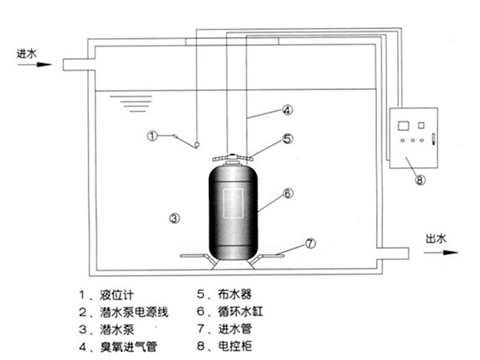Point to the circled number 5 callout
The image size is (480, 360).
(x=286, y=138)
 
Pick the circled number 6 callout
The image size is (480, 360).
(x=287, y=193)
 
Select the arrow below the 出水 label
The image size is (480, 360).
(x=438, y=250)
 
